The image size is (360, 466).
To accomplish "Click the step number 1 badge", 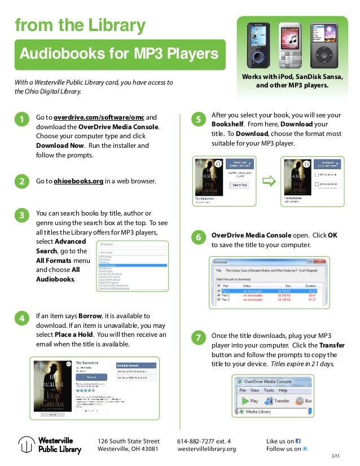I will pos(21,120).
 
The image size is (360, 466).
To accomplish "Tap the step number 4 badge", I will pos(21,319).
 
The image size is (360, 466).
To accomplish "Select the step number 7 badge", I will pos(197,338).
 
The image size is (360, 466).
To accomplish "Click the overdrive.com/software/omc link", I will pos(99,117).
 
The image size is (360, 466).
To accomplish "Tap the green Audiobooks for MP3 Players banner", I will pos(120,54).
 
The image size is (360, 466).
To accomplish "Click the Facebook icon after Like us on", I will pos(298,441).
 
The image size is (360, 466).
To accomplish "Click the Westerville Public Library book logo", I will pos(25,445).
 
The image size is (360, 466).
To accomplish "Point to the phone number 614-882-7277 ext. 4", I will pos(204,441).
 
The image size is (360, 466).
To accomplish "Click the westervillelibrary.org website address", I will pos(207,449).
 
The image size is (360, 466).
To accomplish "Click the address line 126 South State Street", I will pos(129,441).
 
